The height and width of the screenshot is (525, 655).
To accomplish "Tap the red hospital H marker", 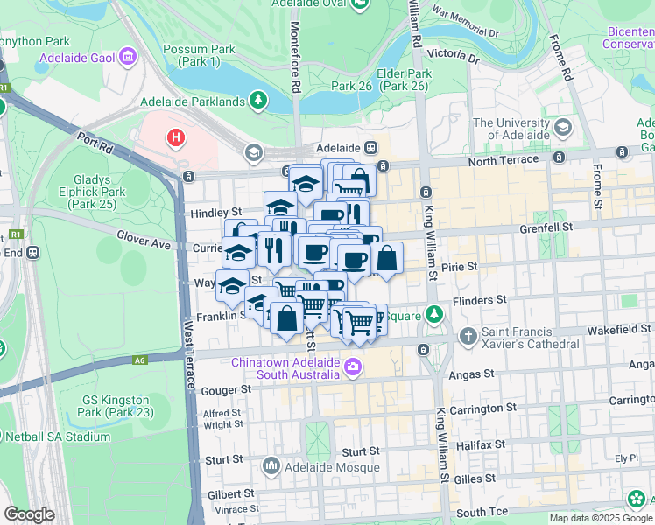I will click(x=177, y=137).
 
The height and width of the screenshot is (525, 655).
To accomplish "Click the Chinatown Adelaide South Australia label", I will click(x=285, y=368).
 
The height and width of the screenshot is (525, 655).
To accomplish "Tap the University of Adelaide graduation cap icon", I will click(x=561, y=129).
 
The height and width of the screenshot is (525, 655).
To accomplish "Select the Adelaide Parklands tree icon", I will click(x=258, y=101).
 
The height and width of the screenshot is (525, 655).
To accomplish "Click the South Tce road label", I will click(x=482, y=512).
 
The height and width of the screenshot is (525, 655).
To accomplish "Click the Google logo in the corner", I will click(x=29, y=514).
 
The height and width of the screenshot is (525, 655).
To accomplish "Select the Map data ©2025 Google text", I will click(x=601, y=518).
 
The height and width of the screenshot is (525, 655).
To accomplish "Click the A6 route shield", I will click(x=140, y=360).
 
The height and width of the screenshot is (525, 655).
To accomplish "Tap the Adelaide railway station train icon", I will click(x=370, y=148).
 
